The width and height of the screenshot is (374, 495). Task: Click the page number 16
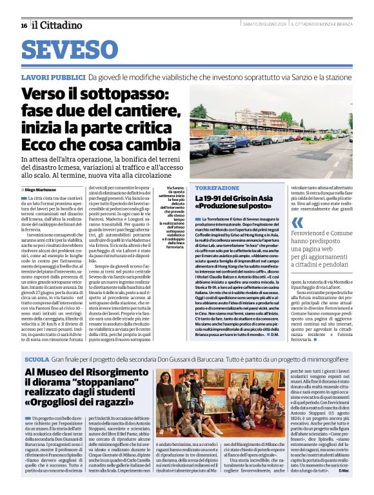click(x=24, y=25)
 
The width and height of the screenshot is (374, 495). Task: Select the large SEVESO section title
click(x=66, y=50)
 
